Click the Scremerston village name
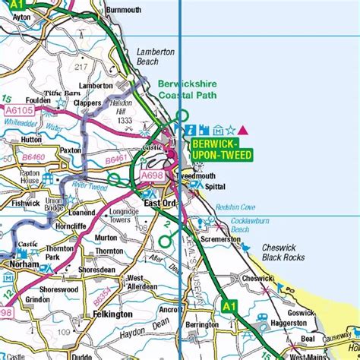[220, 239]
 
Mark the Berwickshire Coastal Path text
[187, 90]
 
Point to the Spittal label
[216, 185]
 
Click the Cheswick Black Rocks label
[283, 253]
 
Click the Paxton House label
[19, 177]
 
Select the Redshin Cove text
[235, 207]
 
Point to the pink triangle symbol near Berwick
[242, 130]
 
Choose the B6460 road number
[34, 157]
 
